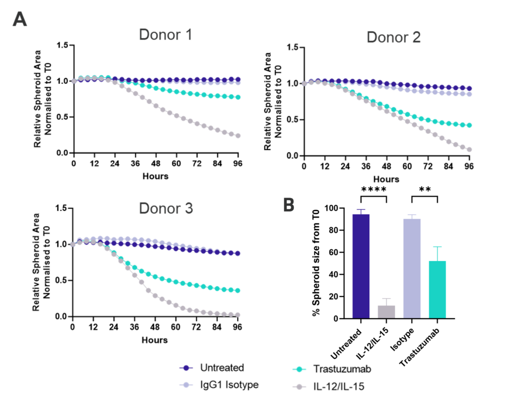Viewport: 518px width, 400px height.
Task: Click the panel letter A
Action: point(20,20)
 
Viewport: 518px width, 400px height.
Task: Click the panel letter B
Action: point(288,205)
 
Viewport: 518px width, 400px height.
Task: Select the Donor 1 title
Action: point(165,35)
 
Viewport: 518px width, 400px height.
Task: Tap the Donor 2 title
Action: point(393,37)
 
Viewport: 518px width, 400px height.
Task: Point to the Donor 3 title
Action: point(166,208)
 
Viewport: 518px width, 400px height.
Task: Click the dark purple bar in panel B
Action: point(361,265)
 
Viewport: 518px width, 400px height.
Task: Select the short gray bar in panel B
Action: point(386,311)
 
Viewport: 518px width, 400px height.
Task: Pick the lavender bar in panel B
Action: point(412,268)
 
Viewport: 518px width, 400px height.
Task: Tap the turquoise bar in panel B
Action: point(437,289)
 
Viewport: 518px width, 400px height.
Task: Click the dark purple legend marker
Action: point(186,368)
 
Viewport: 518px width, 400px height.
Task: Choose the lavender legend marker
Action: point(186,385)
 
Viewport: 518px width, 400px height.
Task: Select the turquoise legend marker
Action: point(299,370)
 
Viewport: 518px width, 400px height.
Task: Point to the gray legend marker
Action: point(299,387)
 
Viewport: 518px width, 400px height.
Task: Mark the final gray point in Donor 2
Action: point(469,149)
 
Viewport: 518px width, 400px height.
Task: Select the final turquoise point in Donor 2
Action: point(469,125)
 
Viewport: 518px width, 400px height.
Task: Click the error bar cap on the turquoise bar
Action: point(437,247)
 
